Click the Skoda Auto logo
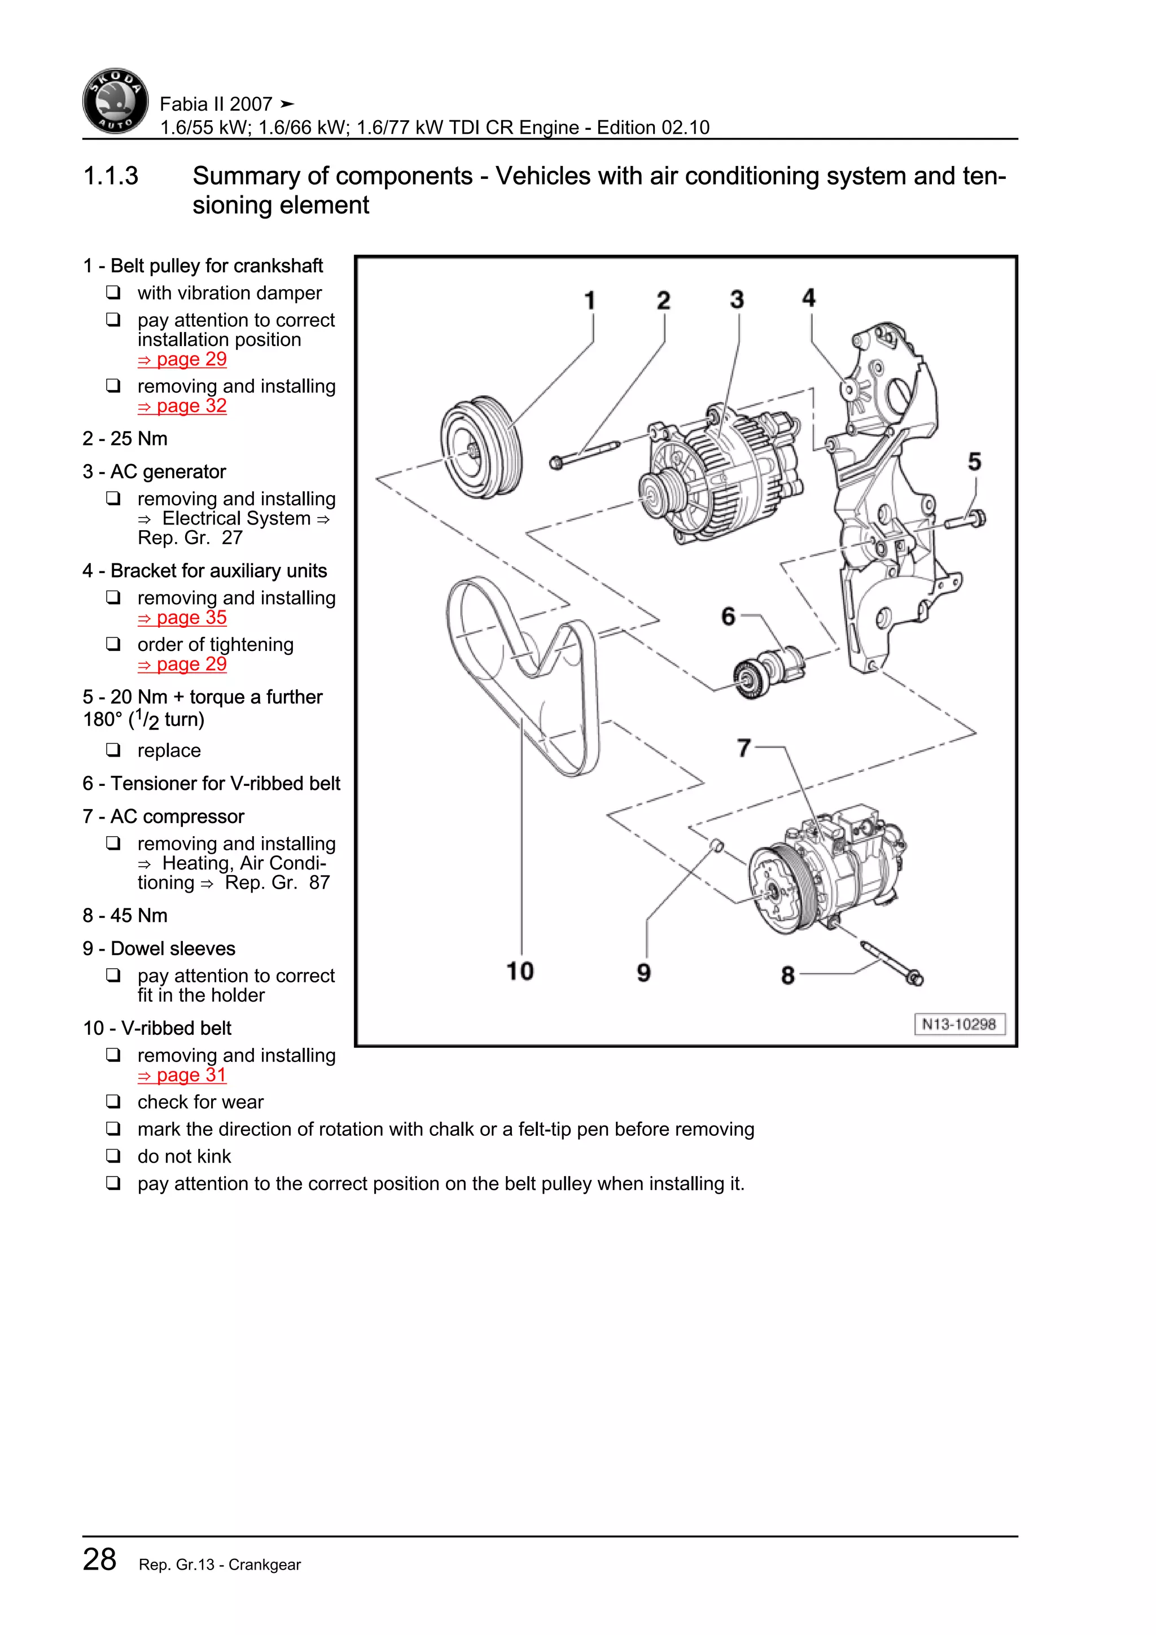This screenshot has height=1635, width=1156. pyautogui.click(x=115, y=101)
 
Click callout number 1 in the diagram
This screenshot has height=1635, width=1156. pyautogui.click(x=590, y=300)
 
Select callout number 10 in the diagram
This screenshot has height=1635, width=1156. pyautogui.click(x=520, y=971)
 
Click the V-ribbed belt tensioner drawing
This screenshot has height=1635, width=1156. pyautogui.click(x=767, y=671)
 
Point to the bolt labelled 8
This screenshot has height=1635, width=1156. pyautogui.click(x=891, y=963)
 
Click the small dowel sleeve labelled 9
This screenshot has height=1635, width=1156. pyautogui.click(x=717, y=846)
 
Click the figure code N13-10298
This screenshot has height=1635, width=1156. pyautogui.click(x=959, y=1024)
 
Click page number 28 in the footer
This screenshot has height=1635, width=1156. pyautogui.click(x=100, y=1559)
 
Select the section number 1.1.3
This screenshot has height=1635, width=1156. pyautogui.click(x=111, y=176)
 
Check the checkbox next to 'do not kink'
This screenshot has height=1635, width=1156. pyautogui.click(x=113, y=1155)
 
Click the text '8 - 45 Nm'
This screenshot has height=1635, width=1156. pyautogui.click(x=125, y=915)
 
